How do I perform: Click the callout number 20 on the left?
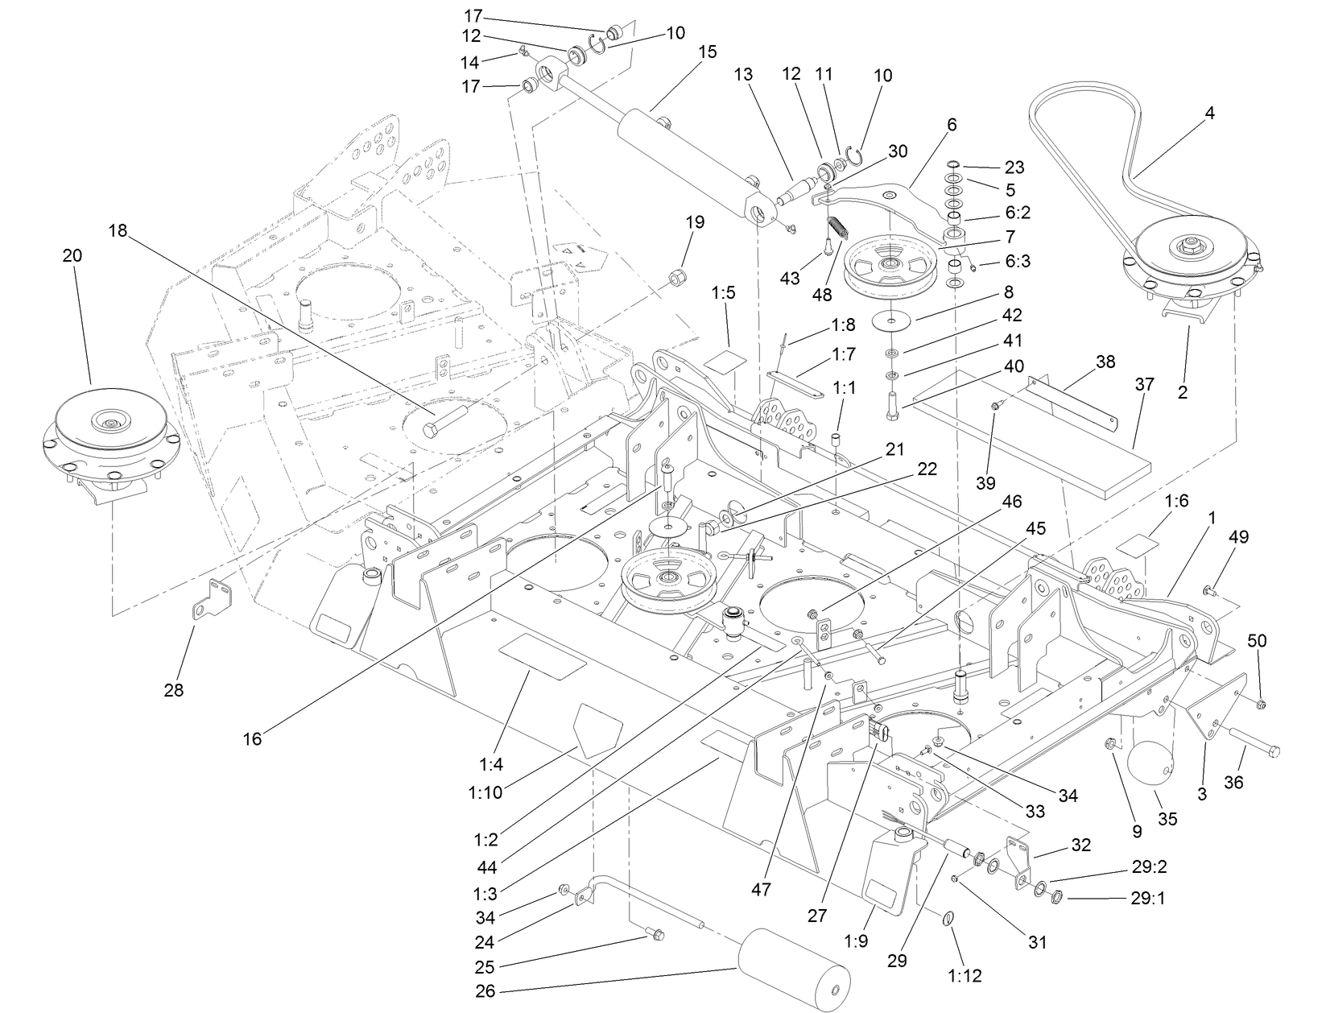[x=72, y=255]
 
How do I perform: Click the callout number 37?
[x=1144, y=385]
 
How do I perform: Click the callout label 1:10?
[x=485, y=792]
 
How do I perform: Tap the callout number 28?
[x=174, y=689]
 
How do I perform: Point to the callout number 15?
[x=707, y=52]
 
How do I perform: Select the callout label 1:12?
[x=965, y=977]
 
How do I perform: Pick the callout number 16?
[x=252, y=738]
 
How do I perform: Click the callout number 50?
[x=1257, y=641]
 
